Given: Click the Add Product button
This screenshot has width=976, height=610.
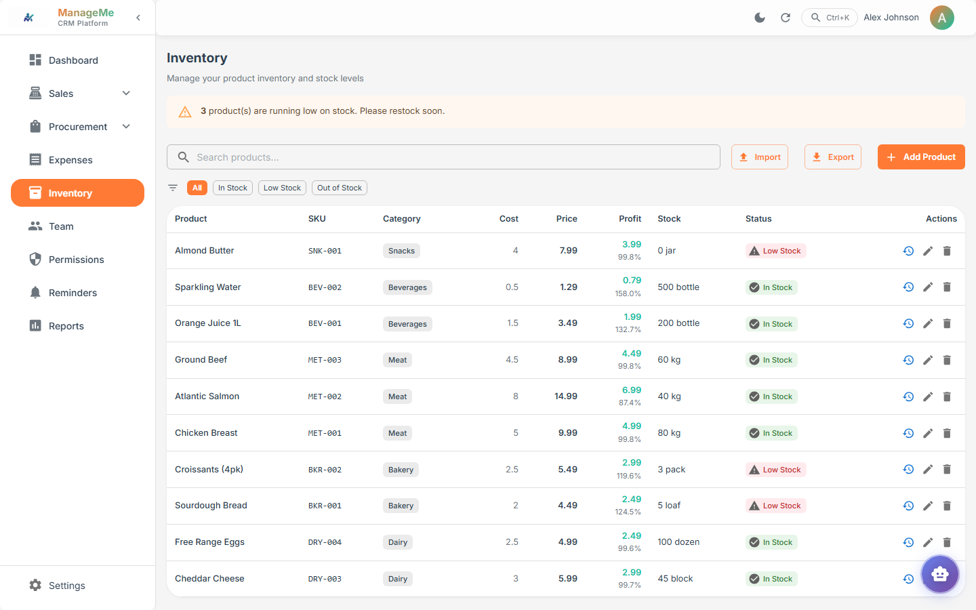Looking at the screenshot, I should (920, 157).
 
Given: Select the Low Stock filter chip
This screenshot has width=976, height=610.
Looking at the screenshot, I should (282, 188).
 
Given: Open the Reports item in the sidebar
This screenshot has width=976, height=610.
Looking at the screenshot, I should (66, 326).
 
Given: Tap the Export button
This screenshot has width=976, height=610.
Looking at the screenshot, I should (832, 157).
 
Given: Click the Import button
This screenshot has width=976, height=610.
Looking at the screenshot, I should (759, 157).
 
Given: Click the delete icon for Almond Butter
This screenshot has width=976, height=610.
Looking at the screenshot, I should (947, 251).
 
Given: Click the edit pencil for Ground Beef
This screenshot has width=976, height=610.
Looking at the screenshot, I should (928, 360).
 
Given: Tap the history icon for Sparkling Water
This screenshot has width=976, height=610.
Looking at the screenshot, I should (908, 287).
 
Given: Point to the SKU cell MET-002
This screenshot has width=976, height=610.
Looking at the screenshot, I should (325, 396).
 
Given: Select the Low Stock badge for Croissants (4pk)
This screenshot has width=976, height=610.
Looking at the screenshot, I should (775, 470).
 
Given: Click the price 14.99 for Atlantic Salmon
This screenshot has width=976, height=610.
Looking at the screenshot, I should (565, 396).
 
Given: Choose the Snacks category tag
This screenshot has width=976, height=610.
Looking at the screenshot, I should (401, 251).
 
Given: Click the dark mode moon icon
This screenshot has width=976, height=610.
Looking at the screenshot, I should (760, 18).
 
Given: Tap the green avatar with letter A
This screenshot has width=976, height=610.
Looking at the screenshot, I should (941, 18).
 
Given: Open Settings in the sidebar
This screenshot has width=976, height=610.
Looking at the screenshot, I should (66, 586).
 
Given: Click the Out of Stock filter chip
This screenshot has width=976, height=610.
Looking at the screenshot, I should (339, 188).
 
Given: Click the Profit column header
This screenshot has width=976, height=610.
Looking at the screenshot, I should (630, 219).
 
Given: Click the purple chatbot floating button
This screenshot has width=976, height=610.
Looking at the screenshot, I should (939, 574).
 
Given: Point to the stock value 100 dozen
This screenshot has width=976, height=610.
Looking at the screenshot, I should (678, 542).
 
